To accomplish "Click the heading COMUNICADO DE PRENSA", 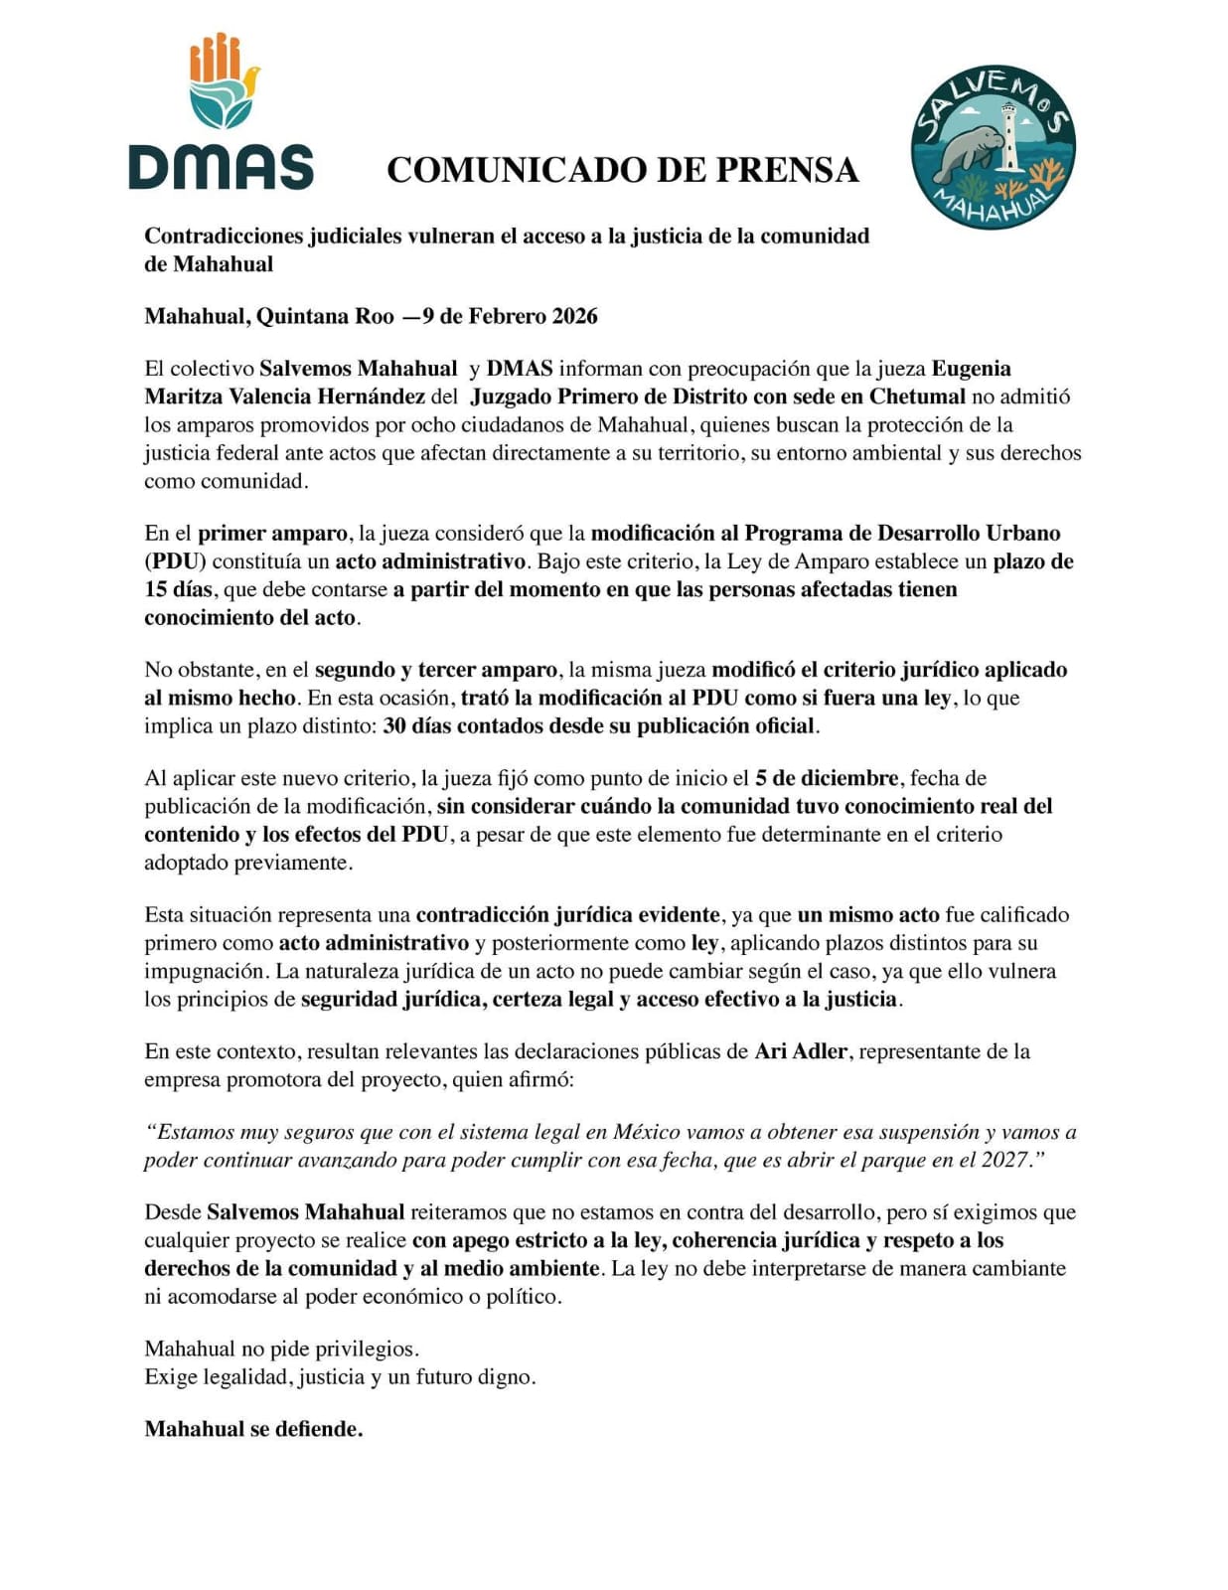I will coord(622,170).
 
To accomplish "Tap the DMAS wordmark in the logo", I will coord(221,167).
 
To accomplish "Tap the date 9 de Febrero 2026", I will coord(510,317).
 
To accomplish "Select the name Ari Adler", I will coord(801,1051).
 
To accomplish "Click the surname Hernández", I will coord(371,397).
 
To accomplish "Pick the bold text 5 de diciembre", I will coord(827,778).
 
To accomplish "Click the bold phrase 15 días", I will coord(180,589).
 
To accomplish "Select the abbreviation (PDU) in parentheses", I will coord(175,561).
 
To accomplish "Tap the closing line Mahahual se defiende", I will coord(253,1429).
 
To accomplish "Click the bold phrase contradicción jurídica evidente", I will coord(567,914).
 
